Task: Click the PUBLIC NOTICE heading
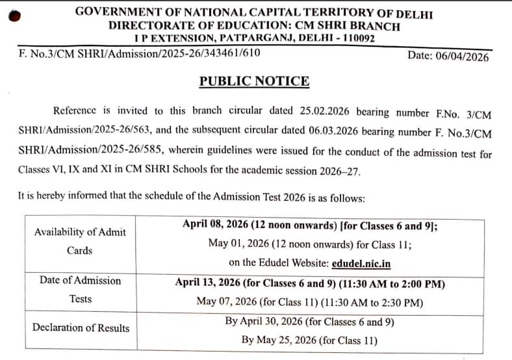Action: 254,81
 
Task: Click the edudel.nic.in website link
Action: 361,263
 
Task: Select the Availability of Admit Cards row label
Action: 80,241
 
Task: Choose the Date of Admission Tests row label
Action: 80,290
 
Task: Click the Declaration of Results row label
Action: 81,328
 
